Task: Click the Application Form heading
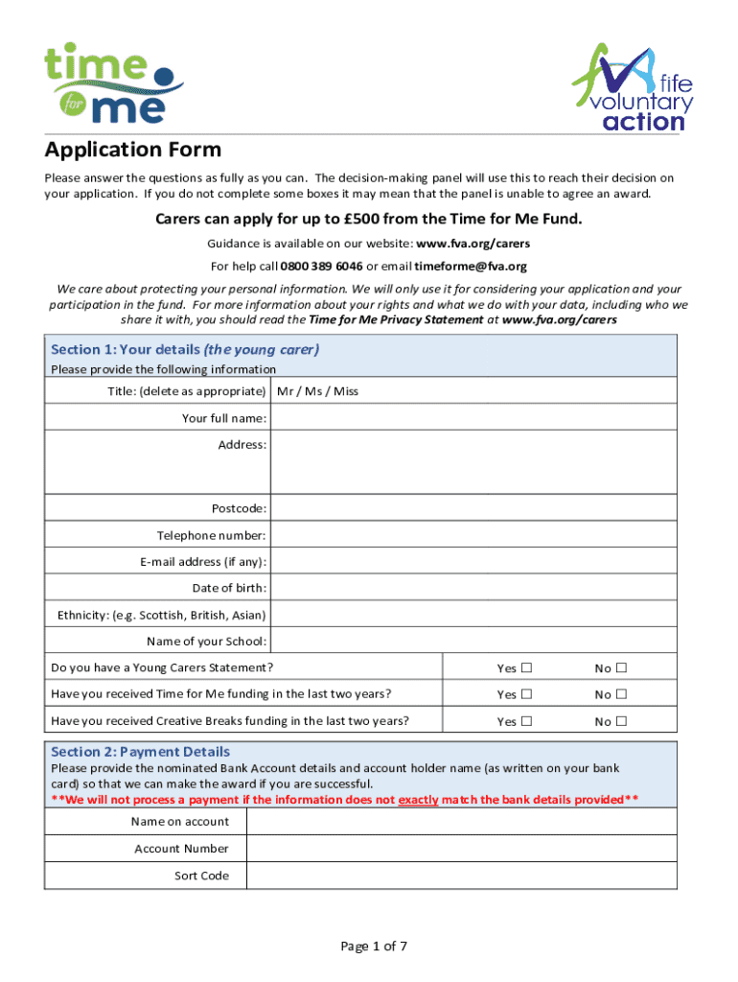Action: click(133, 150)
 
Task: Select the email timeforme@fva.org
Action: click(471, 267)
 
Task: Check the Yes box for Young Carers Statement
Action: click(526, 668)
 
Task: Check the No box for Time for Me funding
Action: click(621, 694)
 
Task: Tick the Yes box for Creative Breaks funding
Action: click(526, 721)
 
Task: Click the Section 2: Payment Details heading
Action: click(140, 752)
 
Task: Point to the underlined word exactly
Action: click(418, 800)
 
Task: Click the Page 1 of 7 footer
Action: click(375, 947)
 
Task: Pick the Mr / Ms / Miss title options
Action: click(317, 391)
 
